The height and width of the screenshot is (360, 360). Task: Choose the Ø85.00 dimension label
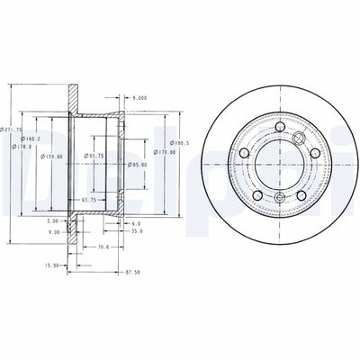(x=137, y=165)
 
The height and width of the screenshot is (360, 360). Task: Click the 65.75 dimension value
(x=89, y=198)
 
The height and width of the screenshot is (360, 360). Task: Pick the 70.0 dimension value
(x=103, y=246)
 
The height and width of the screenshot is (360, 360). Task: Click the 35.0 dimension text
(x=135, y=230)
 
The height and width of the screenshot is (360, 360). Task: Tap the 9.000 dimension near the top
(x=139, y=97)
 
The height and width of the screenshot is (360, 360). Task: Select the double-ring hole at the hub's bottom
(x=279, y=197)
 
